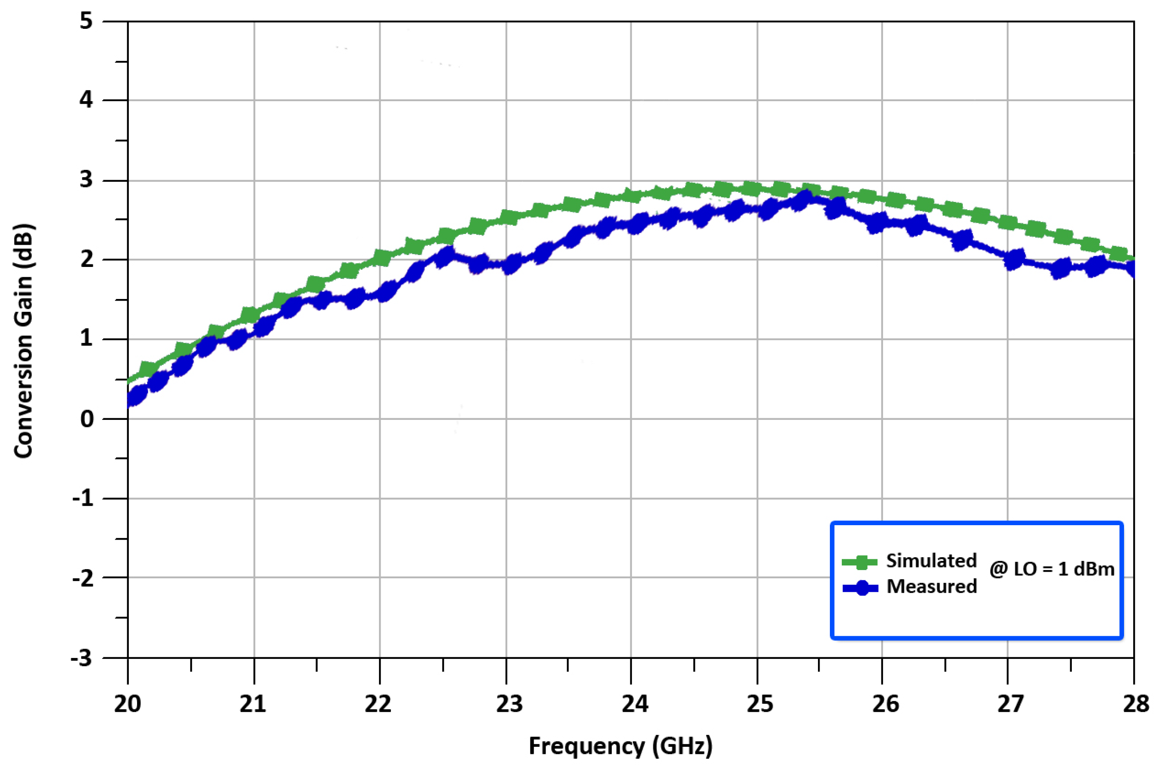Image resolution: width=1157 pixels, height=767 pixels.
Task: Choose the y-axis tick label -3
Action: (82, 658)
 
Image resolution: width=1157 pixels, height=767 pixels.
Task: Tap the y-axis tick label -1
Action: (82, 499)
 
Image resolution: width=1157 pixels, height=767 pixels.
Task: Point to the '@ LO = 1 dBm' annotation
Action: (1052, 569)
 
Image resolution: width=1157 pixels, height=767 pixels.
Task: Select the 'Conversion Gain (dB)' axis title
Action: (23, 341)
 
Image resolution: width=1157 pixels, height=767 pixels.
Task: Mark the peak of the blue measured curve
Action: (804, 198)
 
